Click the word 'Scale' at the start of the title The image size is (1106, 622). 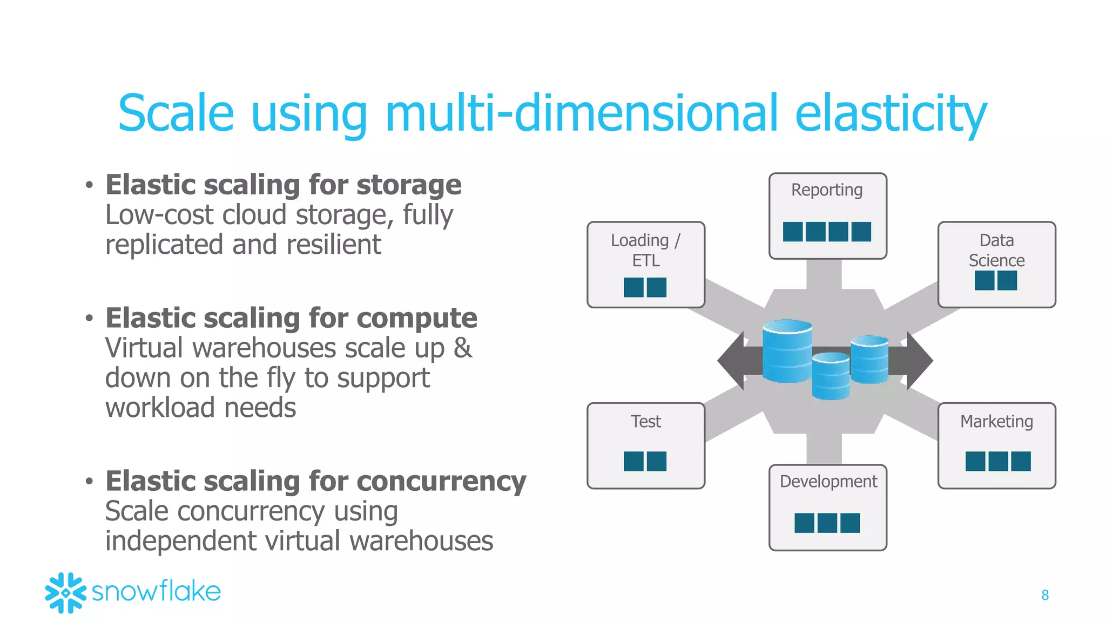(x=176, y=113)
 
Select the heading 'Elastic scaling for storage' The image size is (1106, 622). (x=284, y=185)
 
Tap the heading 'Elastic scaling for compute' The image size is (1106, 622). (x=291, y=318)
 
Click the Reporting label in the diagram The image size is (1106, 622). (x=827, y=191)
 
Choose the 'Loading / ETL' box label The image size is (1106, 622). (x=646, y=250)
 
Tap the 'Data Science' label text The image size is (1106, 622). (x=996, y=250)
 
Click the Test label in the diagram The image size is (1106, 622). (x=646, y=421)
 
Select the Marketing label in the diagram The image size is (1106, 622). (x=996, y=421)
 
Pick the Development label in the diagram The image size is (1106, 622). (x=828, y=481)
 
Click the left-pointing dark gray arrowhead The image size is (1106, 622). (x=732, y=361)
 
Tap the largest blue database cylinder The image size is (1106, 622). (x=787, y=351)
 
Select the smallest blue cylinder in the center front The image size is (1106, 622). (x=831, y=376)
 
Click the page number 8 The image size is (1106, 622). (x=1045, y=595)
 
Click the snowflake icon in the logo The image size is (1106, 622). (x=65, y=593)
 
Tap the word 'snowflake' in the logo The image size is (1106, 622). (x=157, y=592)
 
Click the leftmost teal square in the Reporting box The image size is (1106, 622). (x=793, y=232)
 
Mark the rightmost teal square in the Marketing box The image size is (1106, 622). (x=1021, y=462)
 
